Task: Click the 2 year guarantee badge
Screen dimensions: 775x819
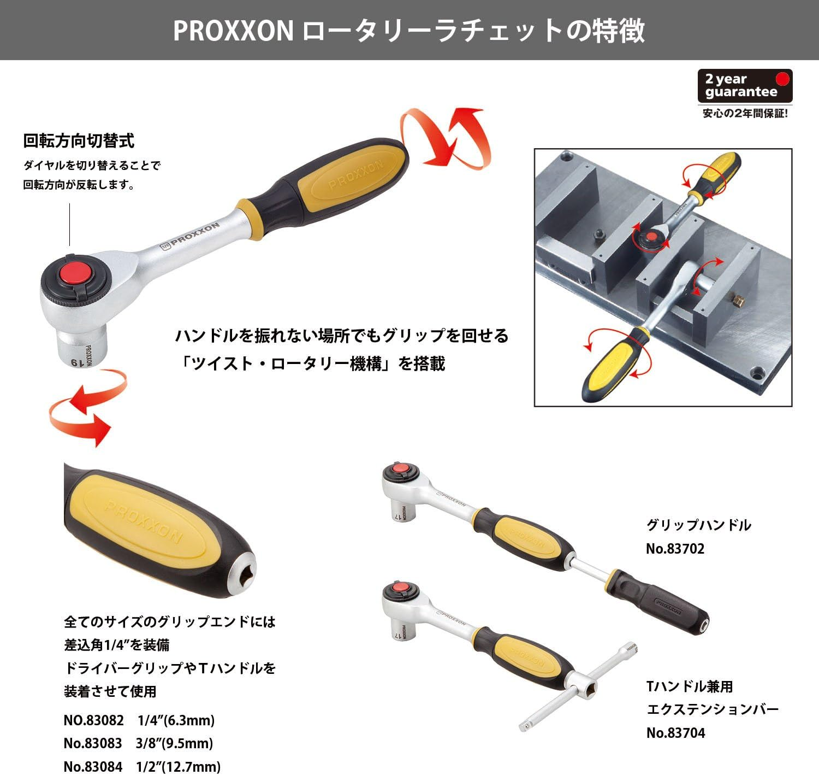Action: click(x=744, y=86)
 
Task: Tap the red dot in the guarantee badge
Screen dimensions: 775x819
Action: click(x=783, y=79)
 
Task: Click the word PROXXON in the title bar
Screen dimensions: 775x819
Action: click(x=234, y=31)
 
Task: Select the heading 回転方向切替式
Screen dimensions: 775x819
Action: click(x=79, y=141)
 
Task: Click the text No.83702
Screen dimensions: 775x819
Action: click(x=675, y=549)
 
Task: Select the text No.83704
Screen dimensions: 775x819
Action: click(x=676, y=733)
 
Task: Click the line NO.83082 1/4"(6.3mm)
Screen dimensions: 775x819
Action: click(x=139, y=720)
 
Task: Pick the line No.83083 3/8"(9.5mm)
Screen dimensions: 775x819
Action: click(x=138, y=743)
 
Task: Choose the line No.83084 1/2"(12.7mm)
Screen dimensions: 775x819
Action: click(x=142, y=766)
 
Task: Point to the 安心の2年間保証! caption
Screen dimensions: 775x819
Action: click(x=745, y=114)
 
